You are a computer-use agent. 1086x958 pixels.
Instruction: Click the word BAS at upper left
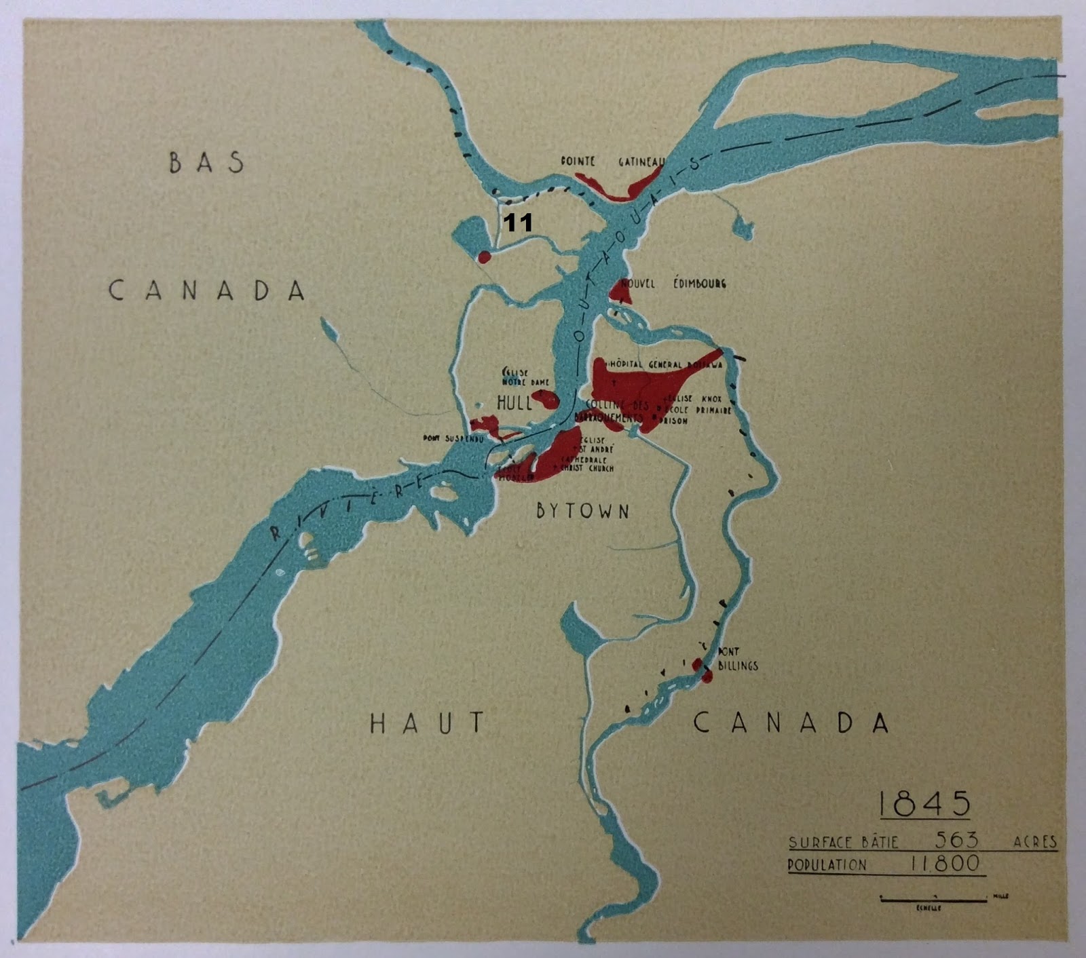click(206, 163)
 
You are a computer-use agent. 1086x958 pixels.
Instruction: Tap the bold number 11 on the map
click(517, 223)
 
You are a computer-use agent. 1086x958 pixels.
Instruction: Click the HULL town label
click(514, 403)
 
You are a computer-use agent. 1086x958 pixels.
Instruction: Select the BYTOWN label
click(582, 511)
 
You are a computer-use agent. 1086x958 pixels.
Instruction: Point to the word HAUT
click(428, 723)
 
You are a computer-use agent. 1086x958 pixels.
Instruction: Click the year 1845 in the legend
click(924, 805)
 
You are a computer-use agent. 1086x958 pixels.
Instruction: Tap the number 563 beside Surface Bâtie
click(957, 841)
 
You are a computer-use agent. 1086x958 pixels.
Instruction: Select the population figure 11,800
click(945, 864)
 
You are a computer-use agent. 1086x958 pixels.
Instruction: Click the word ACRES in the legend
click(1035, 842)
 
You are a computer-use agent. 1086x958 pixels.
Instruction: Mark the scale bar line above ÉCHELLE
click(934, 900)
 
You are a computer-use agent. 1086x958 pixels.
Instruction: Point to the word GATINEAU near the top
click(641, 162)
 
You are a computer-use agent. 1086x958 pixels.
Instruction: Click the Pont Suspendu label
click(453, 439)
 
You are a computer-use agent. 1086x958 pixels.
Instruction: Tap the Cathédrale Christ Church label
click(586, 463)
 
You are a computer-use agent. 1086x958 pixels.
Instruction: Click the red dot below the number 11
click(484, 257)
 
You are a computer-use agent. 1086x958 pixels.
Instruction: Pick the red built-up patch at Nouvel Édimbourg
click(619, 290)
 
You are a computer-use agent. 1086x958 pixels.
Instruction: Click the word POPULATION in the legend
click(826, 865)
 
